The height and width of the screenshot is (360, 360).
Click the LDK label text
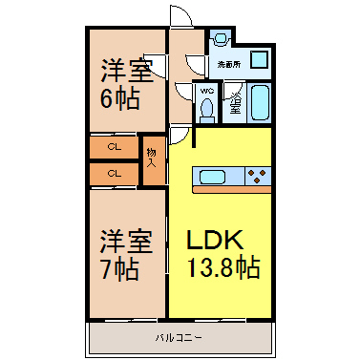(x=215, y=240)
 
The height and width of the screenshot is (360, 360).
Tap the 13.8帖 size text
(x=223, y=266)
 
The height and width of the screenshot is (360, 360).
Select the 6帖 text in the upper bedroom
(x=120, y=98)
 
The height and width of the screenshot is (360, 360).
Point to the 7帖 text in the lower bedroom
(x=119, y=269)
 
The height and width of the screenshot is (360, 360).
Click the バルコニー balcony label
(x=179, y=337)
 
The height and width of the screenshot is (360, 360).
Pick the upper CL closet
(x=115, y=147)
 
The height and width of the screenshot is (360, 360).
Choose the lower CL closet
(x=115, y=174)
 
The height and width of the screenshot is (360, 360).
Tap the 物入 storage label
(x=152, y=159)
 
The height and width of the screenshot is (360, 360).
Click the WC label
(x=207, y=92)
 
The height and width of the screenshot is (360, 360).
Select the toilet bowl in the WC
(x=207, y=108)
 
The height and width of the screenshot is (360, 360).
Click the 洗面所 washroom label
(x=229, y=65)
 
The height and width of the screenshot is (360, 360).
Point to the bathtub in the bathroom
(x=260, y=102)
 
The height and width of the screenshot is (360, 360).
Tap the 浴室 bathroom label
(x=236, y=102)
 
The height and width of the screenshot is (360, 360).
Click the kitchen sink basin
(x=213, y=177)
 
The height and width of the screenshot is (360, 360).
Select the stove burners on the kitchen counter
(x=257, y=176)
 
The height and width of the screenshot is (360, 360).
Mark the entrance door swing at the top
(x=181, y=16)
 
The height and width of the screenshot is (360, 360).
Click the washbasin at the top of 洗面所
(x=221, y=38)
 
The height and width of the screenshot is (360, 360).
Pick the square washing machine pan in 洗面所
(x=260, y=59)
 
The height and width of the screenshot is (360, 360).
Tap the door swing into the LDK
(x=180, y=137)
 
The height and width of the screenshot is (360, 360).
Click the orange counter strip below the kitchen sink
(x=232, y=190)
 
